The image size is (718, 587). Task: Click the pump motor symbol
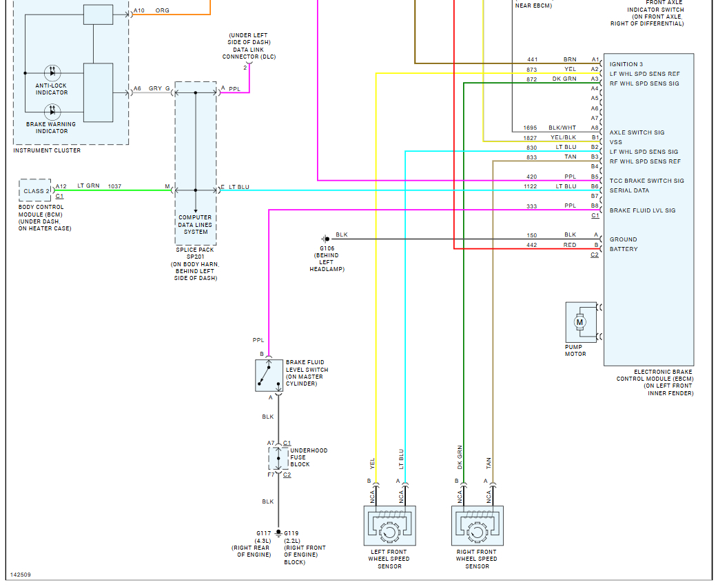tap(580, 321)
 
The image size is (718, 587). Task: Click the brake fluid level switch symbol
tap(269, 375)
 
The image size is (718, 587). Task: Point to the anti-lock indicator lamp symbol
tap(53, 72)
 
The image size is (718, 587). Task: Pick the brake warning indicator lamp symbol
tap(53, 110)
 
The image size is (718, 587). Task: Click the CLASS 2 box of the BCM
tap(37, 191)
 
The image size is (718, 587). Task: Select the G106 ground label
tap(327, 248)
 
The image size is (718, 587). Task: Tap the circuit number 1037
tap(114, 186)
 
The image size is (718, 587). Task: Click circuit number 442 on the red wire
tap(531, 245)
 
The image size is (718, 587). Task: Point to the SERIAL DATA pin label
tap(629, 190)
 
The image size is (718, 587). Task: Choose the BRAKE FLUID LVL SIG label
tap(642, 210)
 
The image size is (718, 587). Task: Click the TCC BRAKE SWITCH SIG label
tap(646, 181)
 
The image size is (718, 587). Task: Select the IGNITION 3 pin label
tap(628, 64)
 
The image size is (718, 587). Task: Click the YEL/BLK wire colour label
tap(563, 137)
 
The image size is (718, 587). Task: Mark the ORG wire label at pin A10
tap(163, 11)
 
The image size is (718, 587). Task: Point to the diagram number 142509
tap(21, 575)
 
